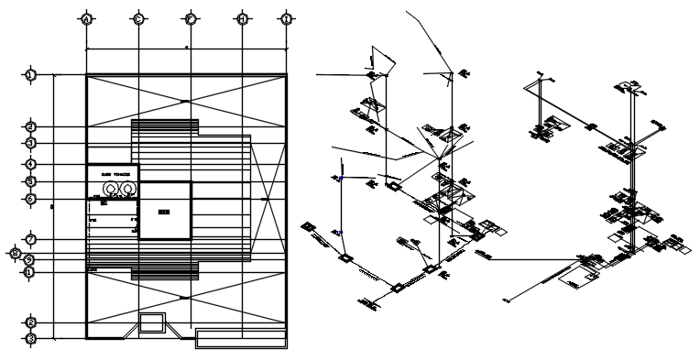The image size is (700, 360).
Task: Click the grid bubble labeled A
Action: click(x=85, y=18)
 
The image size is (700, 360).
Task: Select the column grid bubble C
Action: click(x=137, y=18)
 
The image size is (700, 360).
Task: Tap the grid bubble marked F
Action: click(x=190, y=18)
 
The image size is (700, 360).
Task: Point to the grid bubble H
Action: click(x=242, y=18)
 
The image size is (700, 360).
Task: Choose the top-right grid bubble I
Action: click(x=287, y=18)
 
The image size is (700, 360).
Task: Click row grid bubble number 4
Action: click(x=30, y=165)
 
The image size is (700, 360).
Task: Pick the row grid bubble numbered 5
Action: click(x=30, y=181)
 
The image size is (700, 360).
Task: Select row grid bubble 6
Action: click(x=30, y=198)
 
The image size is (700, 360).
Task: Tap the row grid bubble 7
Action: click(x=30, y=239)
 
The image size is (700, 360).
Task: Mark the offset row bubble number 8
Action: click(x=15, y=252)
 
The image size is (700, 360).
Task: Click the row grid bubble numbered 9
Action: click(x=30, y=260)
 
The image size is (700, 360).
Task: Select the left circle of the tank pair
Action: click(x=112, y=188)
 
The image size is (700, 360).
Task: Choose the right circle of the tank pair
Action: click(x=127, y=188)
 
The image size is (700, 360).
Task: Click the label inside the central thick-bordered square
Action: click(x=164, y=212)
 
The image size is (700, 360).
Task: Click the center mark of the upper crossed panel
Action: click(x=186, y=100)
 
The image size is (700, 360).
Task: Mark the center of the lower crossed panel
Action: click(x=186, y=298)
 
